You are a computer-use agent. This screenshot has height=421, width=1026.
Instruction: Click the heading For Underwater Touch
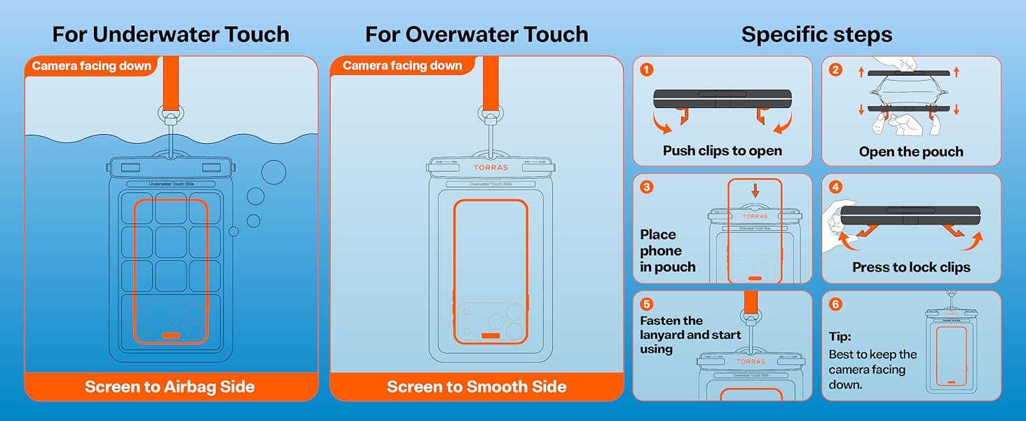(170, 34)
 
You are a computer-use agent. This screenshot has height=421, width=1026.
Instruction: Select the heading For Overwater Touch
(477, 34)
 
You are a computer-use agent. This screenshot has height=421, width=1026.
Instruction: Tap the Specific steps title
(816, 34)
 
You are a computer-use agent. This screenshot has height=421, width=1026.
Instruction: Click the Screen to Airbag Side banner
(170, 387)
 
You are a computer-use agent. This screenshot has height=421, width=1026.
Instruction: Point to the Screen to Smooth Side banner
(477, 387)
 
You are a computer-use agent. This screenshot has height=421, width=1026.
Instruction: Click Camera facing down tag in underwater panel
(92, 67)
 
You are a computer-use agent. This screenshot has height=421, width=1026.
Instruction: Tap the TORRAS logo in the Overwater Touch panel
(491, 168)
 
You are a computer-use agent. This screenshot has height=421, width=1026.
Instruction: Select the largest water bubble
(273, 172)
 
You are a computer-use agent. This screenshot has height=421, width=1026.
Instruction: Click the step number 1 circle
(647, 69)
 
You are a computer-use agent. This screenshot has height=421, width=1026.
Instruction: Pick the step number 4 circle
(835, 187)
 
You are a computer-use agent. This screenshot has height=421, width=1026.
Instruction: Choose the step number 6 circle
(835, 305)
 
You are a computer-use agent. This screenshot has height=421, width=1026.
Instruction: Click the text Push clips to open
(722, 151)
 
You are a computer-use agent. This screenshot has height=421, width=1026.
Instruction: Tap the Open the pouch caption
(911, 152)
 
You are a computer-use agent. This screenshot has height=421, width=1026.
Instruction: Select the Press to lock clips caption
(911, 267)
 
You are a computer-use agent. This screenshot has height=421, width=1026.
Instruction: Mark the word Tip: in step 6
(840, 337)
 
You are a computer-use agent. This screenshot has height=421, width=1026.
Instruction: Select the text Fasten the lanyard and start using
(690, 335)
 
